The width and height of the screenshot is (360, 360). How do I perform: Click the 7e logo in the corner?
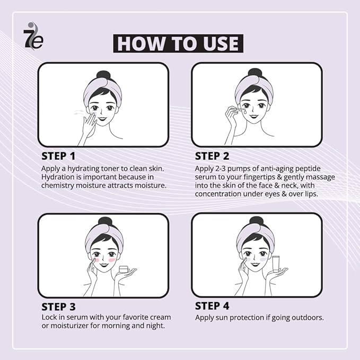(x=33, y=36)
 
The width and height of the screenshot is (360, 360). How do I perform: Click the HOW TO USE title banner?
(x=178, y=43)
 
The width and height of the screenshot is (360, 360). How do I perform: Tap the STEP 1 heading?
(x=58, y=156)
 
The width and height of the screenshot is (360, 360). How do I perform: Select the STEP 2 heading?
(x=212, y=156)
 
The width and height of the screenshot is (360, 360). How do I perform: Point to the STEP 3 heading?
(x=58, y=307)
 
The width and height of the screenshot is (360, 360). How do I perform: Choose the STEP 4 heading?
(x=212, y=306)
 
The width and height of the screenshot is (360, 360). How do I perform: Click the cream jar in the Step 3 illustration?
(x=124, y=269)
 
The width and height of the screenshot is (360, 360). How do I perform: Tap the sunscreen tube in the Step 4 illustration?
(x=276, y=264)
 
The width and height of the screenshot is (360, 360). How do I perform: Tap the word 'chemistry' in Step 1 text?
(x=57, y=186)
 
